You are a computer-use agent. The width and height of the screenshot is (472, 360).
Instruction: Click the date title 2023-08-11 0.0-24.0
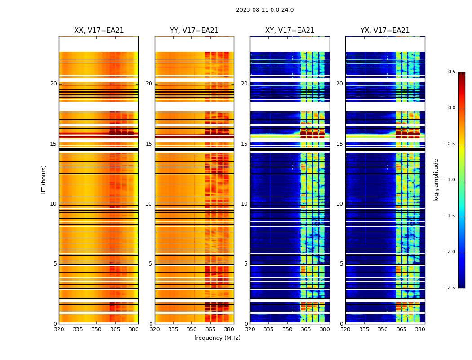[265, 10]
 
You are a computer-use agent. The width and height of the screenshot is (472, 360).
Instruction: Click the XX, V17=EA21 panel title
[99, 31]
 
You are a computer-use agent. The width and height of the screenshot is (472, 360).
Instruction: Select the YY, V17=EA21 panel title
[194, 31]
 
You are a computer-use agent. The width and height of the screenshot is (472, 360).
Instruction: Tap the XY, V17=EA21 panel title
[289, 31]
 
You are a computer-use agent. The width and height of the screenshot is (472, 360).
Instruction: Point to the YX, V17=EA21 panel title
[385, 31]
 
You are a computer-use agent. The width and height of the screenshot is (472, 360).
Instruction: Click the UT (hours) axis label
[44, 180]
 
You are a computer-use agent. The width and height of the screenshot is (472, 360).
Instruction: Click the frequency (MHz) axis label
[217, 338]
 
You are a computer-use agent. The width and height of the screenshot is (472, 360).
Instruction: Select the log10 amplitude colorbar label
[436, 180]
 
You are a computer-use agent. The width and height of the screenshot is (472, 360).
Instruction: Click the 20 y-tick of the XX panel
[53, 84]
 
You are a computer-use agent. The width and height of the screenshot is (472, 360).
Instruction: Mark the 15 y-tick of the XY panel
[244, 144]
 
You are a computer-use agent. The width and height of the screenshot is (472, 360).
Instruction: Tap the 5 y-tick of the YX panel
[341, 264]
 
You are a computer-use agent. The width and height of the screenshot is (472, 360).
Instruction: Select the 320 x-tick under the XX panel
[59, 329]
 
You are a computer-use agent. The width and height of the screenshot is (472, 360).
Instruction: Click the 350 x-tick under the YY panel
[192, 329]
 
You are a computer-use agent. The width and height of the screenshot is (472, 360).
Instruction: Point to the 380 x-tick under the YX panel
[420, 329]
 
